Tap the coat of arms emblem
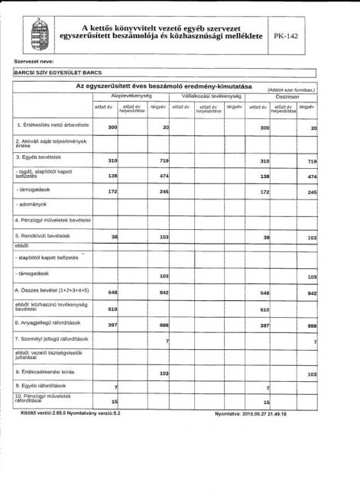(37, 34)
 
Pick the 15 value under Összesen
(267, 401)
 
